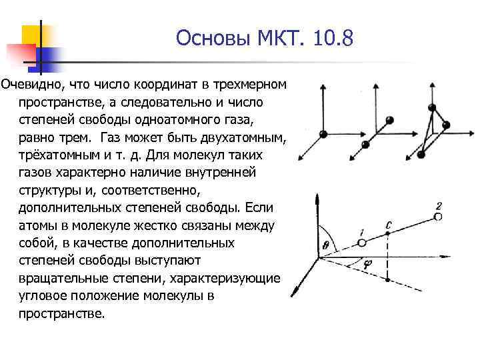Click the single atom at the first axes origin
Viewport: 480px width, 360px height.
[323, 134]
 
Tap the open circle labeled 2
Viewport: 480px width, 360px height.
[437, 217]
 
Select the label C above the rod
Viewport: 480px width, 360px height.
[388, 225]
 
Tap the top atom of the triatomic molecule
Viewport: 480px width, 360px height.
[432, 107]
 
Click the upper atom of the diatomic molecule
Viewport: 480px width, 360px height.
[390, 120]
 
